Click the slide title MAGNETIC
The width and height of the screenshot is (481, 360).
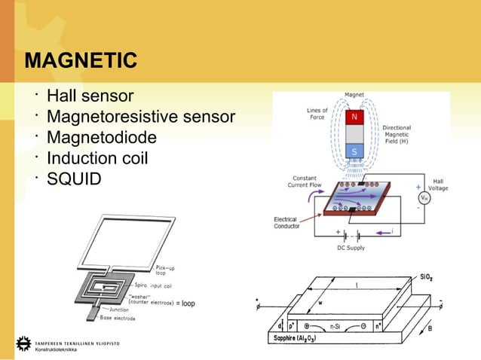(81, 60)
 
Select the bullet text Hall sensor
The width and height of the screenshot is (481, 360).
(90, 96)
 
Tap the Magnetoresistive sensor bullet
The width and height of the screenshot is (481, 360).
(141, 117)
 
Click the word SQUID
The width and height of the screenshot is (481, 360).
(73, 180)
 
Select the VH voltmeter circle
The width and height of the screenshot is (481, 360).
(424, 199)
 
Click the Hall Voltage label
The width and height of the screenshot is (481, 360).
(437, 185)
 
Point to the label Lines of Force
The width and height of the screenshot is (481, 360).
(317, 114)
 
